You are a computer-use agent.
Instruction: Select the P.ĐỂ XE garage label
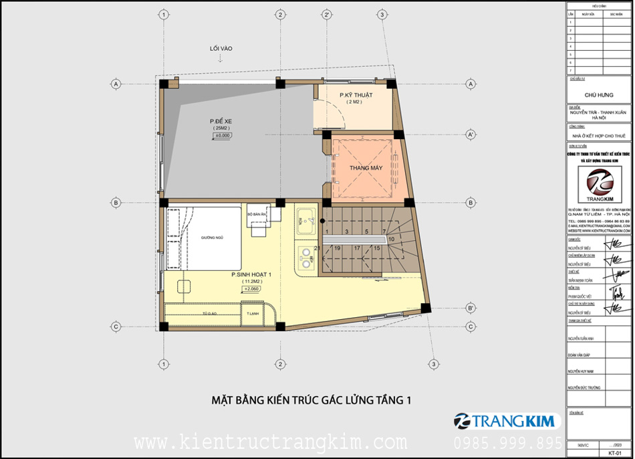(x=219, y=121)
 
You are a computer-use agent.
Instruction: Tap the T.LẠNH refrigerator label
(x=252, y=314)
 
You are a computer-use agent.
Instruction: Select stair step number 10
(x=391, y=238)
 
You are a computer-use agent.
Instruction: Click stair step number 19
(x=338, y=248)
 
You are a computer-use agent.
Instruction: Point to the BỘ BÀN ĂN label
(x=257, y=215)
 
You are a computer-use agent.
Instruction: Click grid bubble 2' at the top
(x=326, y=14)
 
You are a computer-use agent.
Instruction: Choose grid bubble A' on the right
(x=471, y=135)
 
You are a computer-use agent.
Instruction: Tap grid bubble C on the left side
(x=116, y=327)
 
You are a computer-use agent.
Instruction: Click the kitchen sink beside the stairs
(x=307, y=217)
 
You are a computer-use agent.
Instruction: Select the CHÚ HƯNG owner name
(x=597, y=95)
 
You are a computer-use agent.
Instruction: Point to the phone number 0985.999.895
(x=508, y=443)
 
